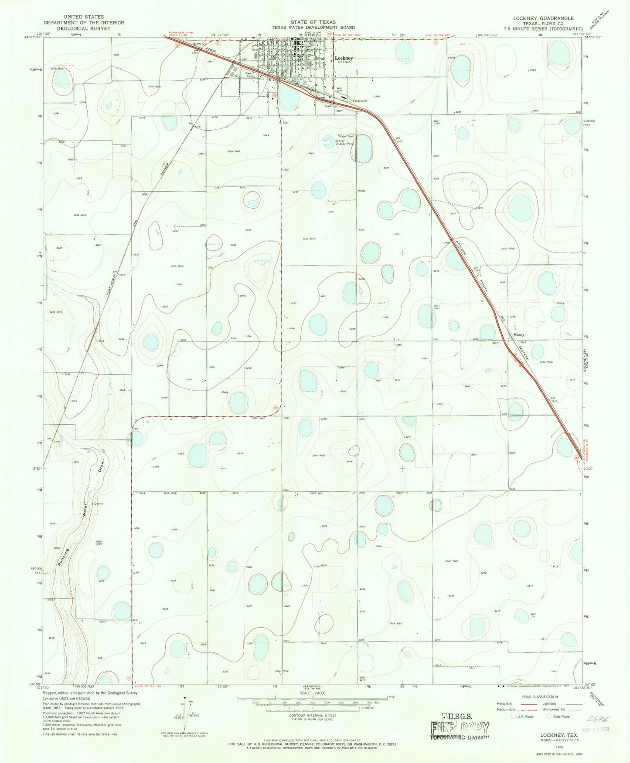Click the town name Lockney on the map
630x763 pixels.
[344, 57]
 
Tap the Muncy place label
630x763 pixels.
[518, 335]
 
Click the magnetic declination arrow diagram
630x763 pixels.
[184, 713]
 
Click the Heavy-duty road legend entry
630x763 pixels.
[504, 703]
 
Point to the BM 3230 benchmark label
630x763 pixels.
[554, 399]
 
